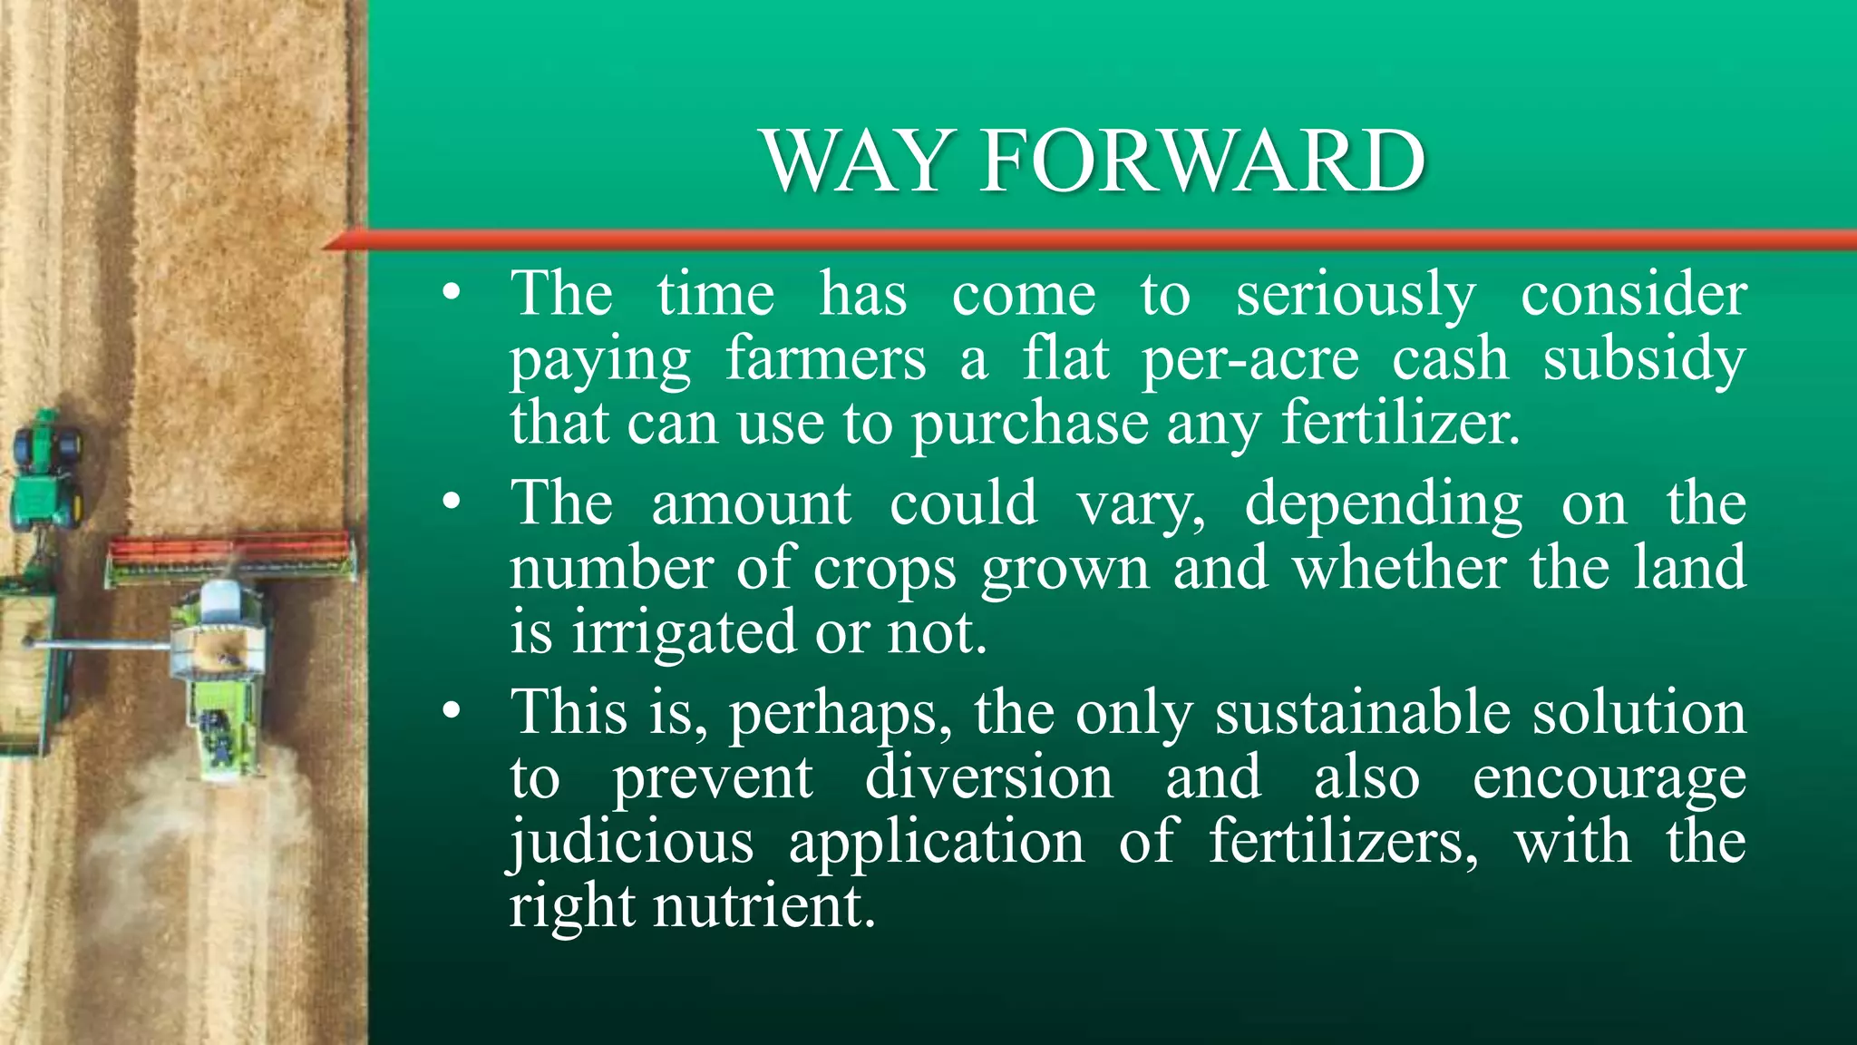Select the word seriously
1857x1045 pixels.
tap(1356, 296)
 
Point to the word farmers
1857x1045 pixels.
tap(826, 359)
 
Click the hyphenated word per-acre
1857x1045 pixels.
tap(1250, 359)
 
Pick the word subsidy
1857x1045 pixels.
tap(1644, 359)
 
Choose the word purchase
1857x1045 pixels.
tap(1030, 425)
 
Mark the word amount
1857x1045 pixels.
tap(752, 504)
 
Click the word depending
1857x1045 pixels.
tap(1383, 506)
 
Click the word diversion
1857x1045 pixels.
tap(988, 778)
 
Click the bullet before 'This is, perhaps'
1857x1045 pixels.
tap(452, 713)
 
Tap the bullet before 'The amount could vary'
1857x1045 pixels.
tap(452, 504)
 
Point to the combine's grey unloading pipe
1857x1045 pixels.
tap(100, 645)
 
